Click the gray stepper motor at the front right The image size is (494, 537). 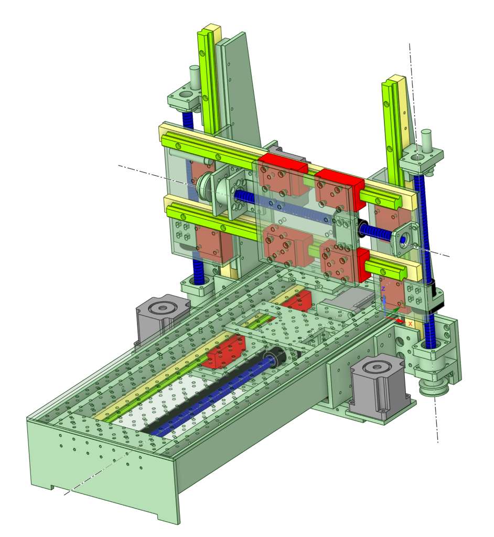tap(379, 386)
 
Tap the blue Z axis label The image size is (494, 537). tap(383, 289)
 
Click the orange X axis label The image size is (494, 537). tap(410, 323)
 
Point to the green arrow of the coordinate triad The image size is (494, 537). tap(393, 311)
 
